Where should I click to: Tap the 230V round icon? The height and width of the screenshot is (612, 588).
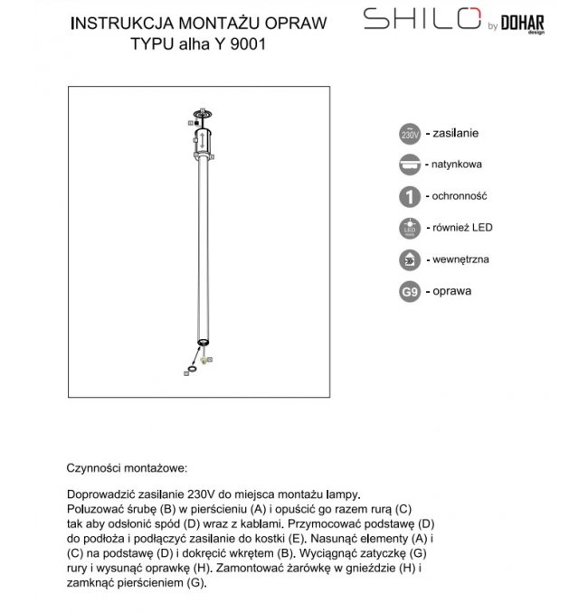[409, 134]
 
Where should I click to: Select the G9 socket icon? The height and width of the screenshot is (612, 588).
[409, 292]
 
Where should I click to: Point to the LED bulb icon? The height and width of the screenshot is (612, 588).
[409, 229]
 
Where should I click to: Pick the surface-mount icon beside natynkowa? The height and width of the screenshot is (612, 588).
[409, 165]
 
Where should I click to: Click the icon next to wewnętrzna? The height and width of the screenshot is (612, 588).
[409, 260]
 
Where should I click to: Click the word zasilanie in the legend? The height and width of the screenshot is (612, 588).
[457, 133]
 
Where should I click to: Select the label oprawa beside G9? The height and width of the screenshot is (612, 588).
[455, 291]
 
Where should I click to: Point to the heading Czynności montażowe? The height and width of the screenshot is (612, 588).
[127, 469]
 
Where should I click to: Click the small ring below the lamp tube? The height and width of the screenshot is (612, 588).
[190, 367]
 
